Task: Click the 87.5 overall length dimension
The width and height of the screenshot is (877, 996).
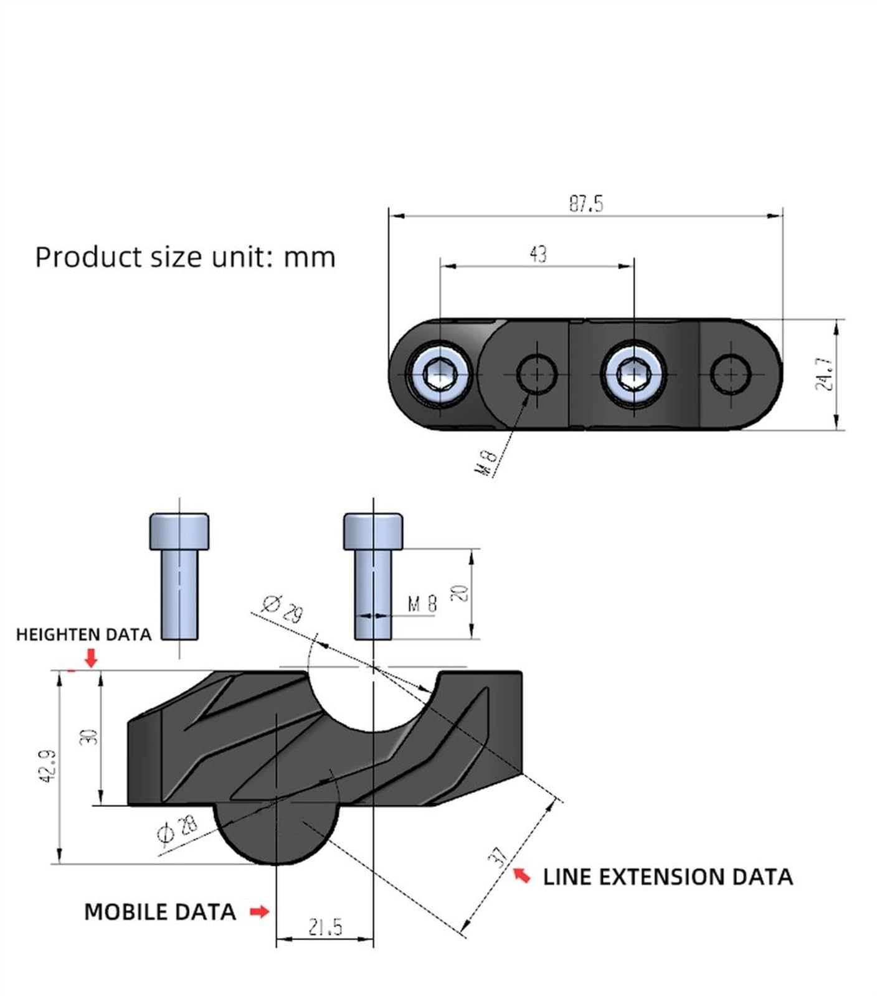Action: [x=586, y=204]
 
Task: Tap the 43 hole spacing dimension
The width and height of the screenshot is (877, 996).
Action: [x=538, y=254]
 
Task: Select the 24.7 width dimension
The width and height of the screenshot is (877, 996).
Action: [x=824, y=374]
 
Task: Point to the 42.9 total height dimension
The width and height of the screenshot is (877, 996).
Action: [x=49, y=766]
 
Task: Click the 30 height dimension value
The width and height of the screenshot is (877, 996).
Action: [x=88, y=737]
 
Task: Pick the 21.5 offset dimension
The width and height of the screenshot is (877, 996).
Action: [x=325, y=927]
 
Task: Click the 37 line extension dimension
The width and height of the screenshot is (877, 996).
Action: [x=499, y=857]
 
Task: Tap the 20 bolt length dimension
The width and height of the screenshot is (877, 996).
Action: [x=460, y=593]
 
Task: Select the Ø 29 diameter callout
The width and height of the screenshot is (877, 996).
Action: [x=282, y=608]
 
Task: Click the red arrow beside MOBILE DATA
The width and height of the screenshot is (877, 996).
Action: [x=259, y=911]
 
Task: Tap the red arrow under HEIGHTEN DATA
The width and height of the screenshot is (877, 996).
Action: [x=92, y=658]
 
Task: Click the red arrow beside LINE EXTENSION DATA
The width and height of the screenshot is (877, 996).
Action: [x=522, y=875]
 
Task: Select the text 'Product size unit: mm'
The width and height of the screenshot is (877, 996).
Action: [x=185, y=257]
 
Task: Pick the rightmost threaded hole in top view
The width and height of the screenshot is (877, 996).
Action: [x=730, y=374]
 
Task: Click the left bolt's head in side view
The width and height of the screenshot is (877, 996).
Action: [x=179, y=531]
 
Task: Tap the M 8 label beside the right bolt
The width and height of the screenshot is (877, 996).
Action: [x=422, y=603]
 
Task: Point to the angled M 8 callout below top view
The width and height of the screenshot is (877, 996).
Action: [x=487, y=462]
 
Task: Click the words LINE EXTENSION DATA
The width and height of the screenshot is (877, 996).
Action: [x=668, y=876]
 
